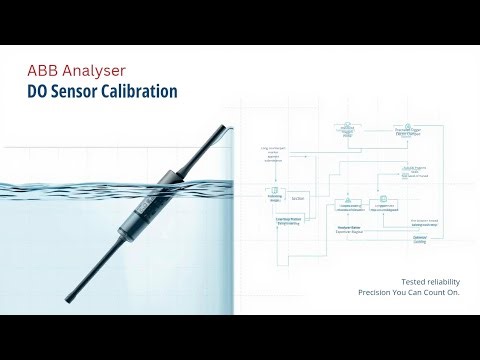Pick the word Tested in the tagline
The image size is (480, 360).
point(386,282)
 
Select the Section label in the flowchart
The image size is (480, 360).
point(298,198)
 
